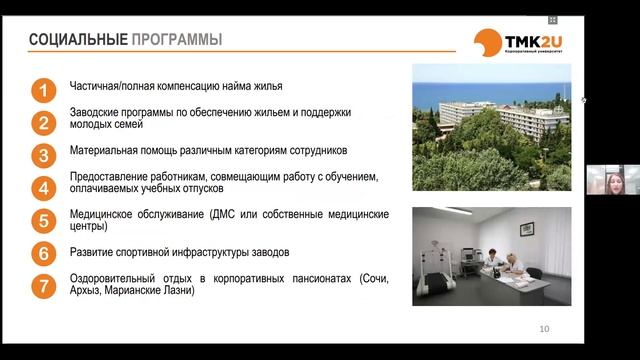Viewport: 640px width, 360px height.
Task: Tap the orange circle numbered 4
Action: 43,188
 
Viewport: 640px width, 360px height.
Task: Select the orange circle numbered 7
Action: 43,285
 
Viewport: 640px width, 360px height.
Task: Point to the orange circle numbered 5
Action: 43,221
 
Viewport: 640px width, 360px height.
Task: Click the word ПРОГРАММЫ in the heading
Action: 176,40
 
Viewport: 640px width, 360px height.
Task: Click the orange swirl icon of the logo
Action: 489,43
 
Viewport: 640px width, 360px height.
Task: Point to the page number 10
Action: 544,328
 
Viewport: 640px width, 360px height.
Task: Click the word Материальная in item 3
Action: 106,151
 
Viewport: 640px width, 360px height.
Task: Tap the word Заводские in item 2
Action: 97,114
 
